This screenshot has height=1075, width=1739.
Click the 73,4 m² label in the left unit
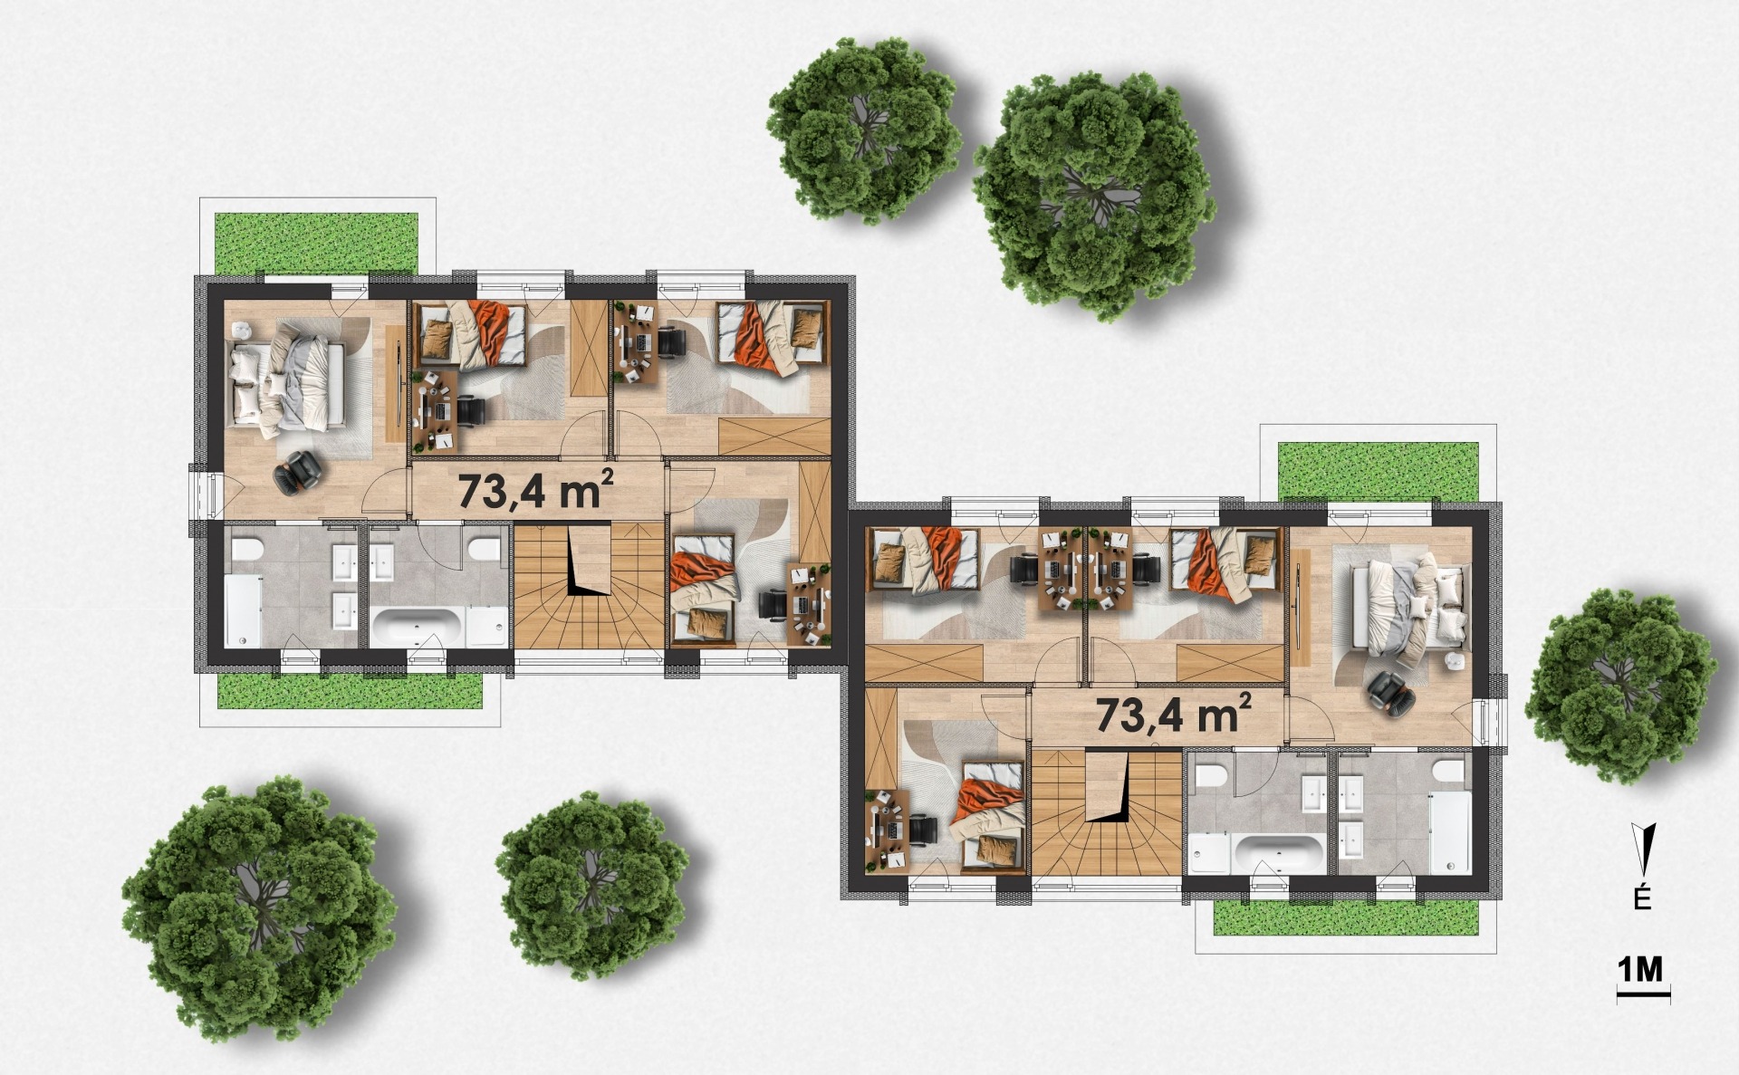536,490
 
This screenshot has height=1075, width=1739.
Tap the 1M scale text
1640,969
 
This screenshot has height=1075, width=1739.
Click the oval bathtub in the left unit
418,625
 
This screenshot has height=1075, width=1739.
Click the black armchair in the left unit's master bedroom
299,473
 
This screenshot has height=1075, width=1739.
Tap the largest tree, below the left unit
258,908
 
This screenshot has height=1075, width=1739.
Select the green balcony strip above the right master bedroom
1378,470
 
